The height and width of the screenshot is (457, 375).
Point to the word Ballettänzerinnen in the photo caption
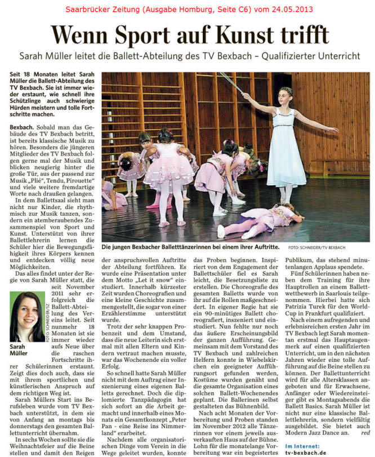click(x=192, y=247)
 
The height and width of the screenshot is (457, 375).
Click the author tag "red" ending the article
click(x=364, y=432)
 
